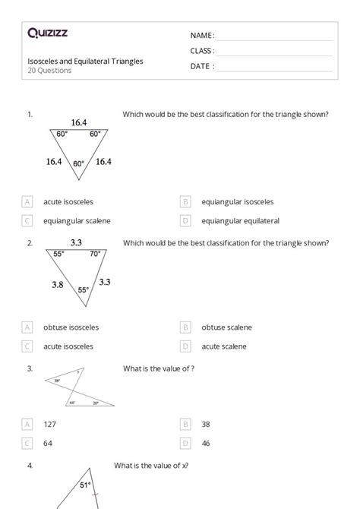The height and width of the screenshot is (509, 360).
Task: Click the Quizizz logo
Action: pyautogui.click(x=47, y=33)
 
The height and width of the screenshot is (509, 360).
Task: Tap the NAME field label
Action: pyautogui.click(x=202, y=36)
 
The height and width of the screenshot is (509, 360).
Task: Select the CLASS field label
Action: pyautogui.click(x=202, y=51)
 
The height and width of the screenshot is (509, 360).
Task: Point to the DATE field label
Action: pyautogui.click(x=202, y=66)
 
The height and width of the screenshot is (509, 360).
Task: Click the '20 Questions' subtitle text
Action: pyautogui.click(x=49, y=71)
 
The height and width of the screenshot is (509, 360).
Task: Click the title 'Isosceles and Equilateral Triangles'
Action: pyautogui.click(x=85, y=61)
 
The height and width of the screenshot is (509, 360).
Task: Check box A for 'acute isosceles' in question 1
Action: pyautogui.click(x=27, y=202)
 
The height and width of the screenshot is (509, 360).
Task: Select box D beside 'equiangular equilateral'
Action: pyautogui.click(x=185, y=221)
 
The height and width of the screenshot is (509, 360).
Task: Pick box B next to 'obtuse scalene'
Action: pyautogui.click(x=185, y=327)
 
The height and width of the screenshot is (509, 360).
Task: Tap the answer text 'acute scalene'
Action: pyautogui.click(x=224, y=346)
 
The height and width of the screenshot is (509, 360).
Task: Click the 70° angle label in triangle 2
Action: pyautogui.click(x=95, y=254)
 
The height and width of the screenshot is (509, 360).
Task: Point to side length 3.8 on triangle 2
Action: pyautogui.click(x=57, y=284)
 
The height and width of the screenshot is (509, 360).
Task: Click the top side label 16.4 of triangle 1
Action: pyautogui.click(x=79, y=122)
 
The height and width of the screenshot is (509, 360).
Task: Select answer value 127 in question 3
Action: pyautogui.click(x=50, y=424)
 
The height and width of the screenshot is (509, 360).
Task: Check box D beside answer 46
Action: pyautogui.click(x=185, y=443)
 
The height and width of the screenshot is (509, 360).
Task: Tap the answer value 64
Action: pyautogui.click(x=48, y=443)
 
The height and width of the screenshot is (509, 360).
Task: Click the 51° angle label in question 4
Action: pyautogui.click(x=86, y=484)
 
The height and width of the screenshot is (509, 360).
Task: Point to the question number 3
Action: pyautogui.click(x=30, y=368)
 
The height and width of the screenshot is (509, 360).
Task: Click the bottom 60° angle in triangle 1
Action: pyautogui.click(x=79, y=163)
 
